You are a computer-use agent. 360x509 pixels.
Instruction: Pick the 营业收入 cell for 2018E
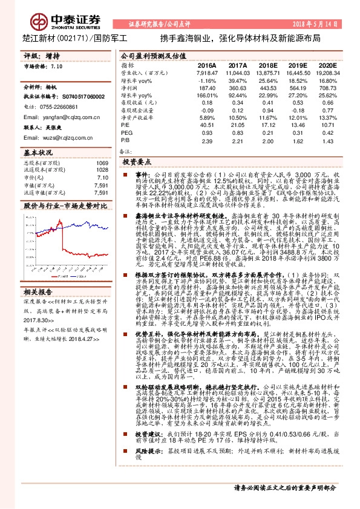click(267, 72)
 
